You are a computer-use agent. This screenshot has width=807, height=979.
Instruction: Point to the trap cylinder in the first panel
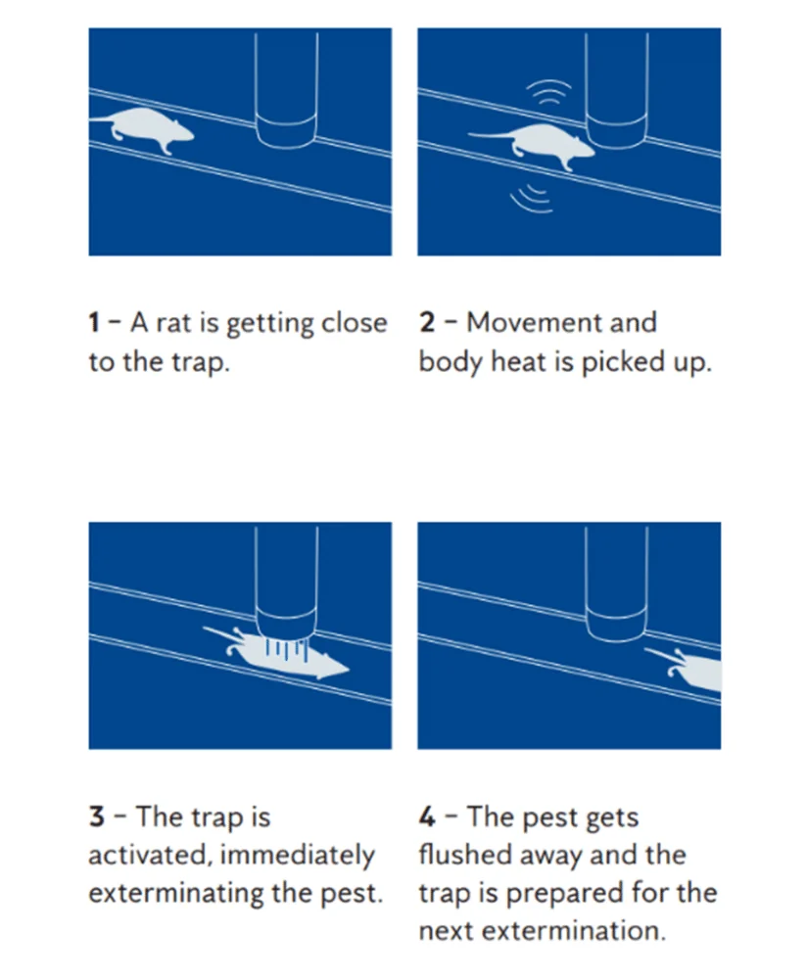(x=286, y=88)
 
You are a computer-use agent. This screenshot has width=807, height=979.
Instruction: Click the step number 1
(x=94, y=323)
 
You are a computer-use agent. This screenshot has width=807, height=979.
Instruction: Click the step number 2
(x=427, y=323)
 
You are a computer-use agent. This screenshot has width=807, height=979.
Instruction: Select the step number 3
(x=96, y=816)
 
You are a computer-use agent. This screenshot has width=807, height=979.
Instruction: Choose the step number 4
(x=428, y=816)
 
